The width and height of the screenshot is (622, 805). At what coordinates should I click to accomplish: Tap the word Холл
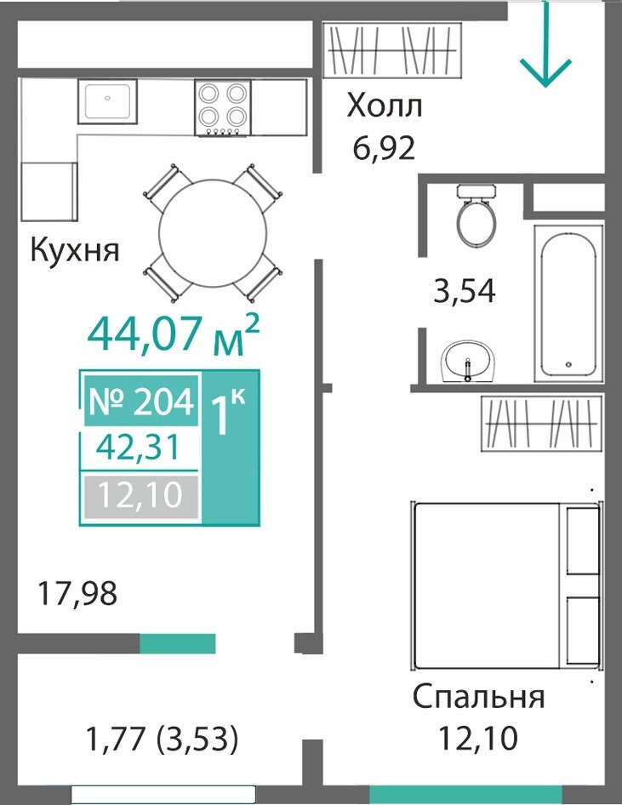coord(385,106)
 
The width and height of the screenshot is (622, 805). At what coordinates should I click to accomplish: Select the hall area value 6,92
coord(384,148)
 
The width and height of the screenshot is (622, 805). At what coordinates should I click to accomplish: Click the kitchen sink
coord(108,101)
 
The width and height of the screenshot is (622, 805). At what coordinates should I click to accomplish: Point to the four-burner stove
coord(222,108)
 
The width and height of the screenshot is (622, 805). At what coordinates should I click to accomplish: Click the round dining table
coord(213,233)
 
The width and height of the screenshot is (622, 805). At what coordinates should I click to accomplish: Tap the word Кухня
coord(75,250)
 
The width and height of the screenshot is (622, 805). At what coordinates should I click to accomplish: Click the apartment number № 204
coord(141,402)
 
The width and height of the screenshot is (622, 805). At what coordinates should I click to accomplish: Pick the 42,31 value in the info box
coord(139,447)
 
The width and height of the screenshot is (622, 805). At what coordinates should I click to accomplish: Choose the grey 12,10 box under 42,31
coord(140,495)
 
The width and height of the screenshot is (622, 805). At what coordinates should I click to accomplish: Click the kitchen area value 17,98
coord(77,592)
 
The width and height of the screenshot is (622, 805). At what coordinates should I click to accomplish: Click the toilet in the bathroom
coord(476,215)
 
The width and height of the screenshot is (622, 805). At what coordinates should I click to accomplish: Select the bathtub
coord(568,304)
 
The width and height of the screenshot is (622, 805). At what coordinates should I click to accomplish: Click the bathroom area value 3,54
coord(465,291)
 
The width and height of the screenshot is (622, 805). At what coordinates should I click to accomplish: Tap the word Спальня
coord(478,697)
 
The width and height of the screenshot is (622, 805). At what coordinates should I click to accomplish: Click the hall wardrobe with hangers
coord(392,50)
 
